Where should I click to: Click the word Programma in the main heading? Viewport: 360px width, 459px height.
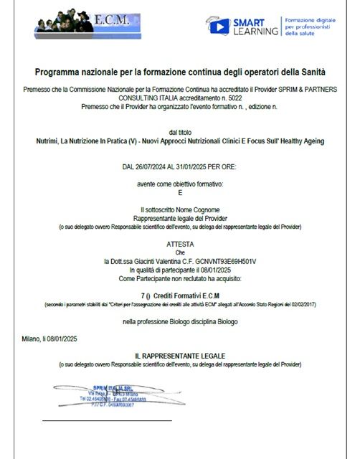(61, 72)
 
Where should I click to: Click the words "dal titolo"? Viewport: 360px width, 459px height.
(180, 133)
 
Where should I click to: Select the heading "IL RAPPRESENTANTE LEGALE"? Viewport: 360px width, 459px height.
(180, 356)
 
